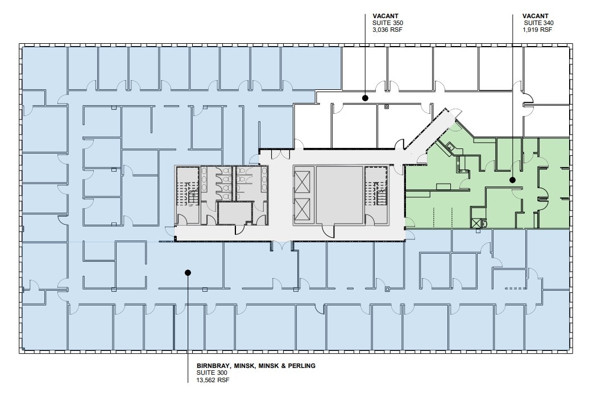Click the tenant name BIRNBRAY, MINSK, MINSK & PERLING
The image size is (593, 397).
(x=256, y=366)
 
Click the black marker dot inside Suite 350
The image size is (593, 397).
(x=366, y=98)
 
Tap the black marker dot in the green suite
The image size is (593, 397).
(x=512, y=180)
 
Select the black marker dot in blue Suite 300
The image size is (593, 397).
(x=188, y=272)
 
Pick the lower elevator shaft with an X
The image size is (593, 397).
(x=303, y=210)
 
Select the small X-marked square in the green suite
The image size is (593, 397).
(x=476, y=224)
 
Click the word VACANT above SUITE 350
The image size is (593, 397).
(x=384, y=16)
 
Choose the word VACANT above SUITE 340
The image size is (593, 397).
(x=536, y=16)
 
